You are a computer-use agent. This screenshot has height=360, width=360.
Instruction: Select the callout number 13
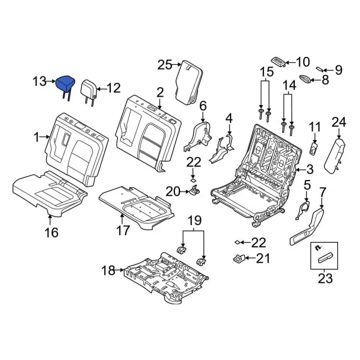click(x=38, y=83)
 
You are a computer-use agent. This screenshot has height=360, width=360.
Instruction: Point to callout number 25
click(x=164, y=65)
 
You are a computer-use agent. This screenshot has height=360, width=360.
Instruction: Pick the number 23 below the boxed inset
click(x=325, y=277)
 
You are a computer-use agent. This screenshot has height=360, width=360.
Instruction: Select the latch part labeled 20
click(x=195, y=191)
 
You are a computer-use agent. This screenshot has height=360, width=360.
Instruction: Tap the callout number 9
click(x=338, y=70)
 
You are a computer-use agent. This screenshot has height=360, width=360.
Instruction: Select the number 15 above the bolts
click(x=265, y=72)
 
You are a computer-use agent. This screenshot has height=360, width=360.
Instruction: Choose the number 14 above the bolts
click(x=289, y=85)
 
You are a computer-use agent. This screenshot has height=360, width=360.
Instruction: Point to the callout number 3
click(x=309, y=169)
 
